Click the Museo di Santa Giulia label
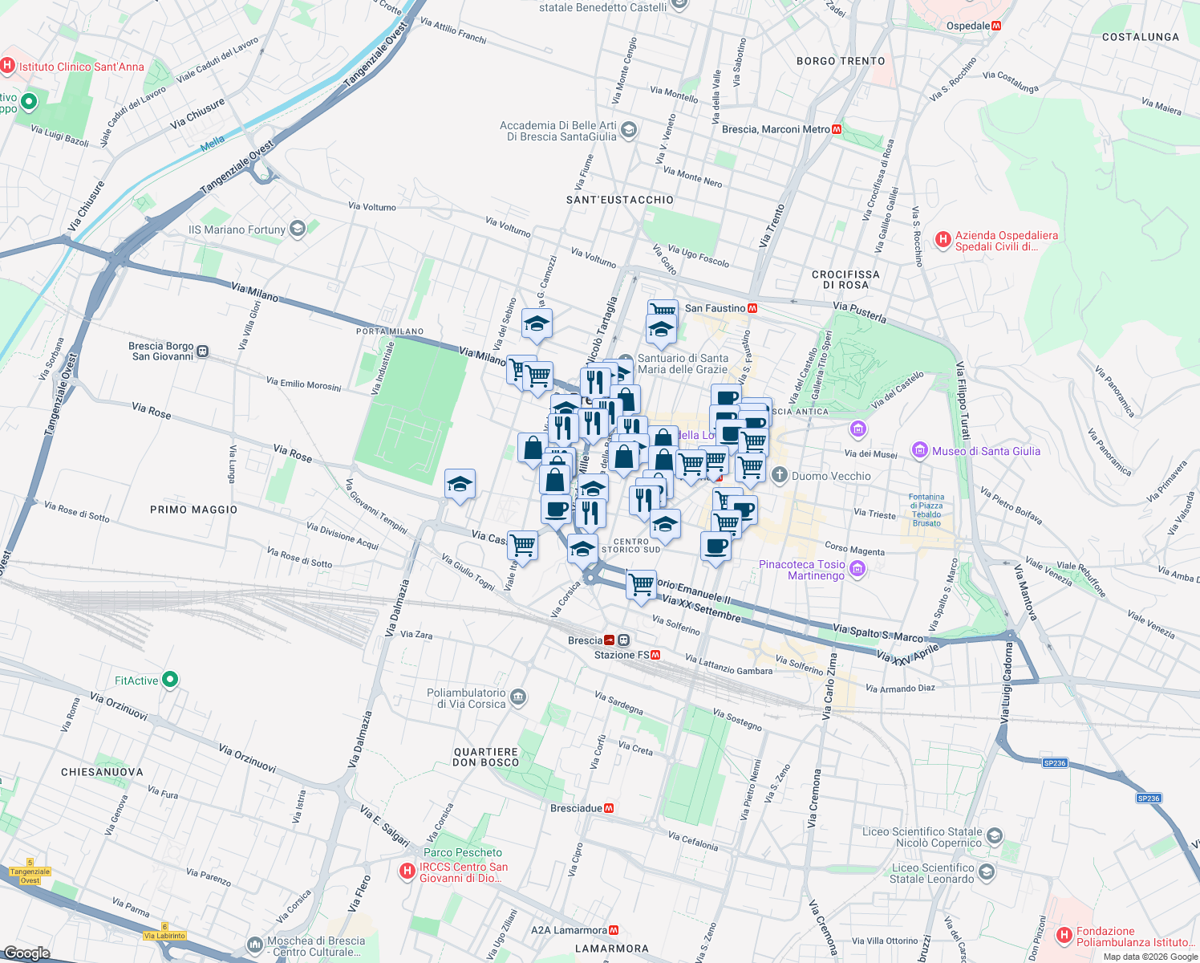pos(986,451)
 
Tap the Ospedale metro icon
pos(996,26)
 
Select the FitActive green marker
pos(169,681)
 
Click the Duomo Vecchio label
pos(831,476)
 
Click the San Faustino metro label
pos(715,308)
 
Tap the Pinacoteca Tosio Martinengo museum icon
pos(857,570)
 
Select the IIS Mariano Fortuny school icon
pos(298,230)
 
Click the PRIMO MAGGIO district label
pos(193,510)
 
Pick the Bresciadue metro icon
pos(609,808)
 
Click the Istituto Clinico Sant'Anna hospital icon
pos(8,67)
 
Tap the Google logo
pos(26,953)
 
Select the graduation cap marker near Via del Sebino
pos(537,324)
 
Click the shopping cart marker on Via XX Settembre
pos(641,584)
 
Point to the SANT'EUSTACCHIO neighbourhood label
pos(620,200)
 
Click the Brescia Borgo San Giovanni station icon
pos(203,351)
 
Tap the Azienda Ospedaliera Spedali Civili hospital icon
pos(943,238)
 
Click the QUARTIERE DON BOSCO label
pos(485,757)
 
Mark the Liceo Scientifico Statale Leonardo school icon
pos(987,872)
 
